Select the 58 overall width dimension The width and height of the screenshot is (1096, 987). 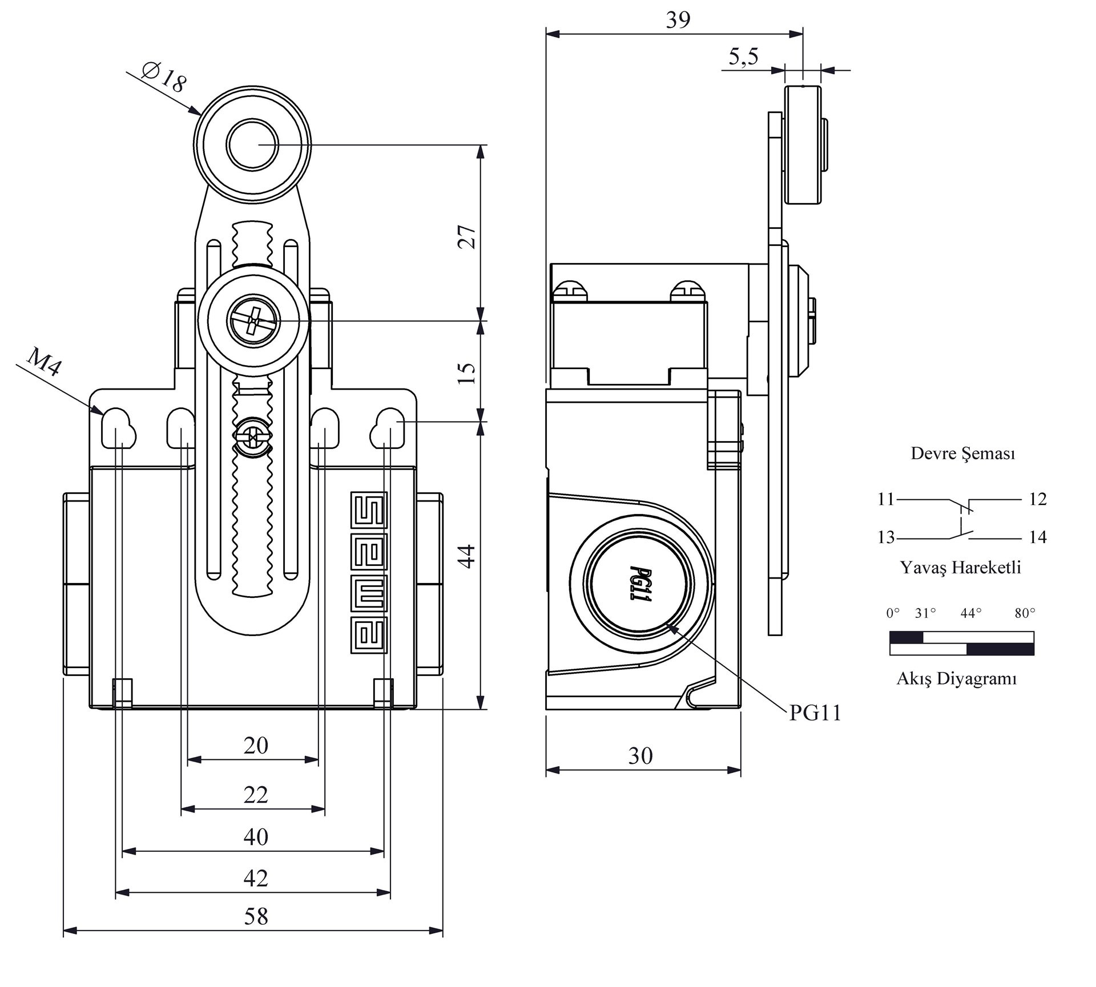pyautogui.click(x=255, y=917)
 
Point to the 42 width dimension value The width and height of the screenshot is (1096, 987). pyautogui.click(x=255, y=878)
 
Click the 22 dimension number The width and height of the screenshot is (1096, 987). pyautogui.click(x=255, y=795)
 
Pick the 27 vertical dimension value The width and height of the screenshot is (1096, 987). pyautogui.click(x=467, y=236)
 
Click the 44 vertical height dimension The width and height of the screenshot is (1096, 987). pyautogui.click(x=467, y=556)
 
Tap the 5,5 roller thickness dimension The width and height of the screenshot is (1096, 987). pyautogui.click(x=743, y=57)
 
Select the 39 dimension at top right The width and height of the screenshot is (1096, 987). pyautogui.click(x=678, y=21)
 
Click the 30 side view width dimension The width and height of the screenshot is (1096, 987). pyautogui.click(x=640, y=756)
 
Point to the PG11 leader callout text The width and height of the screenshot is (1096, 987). pyautogui.click(x=815, y=713)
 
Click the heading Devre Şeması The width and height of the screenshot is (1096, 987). pyautogui.click(x=962, y=454)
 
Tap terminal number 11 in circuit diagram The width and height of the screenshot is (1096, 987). pyautogui.click(x=885, y=499)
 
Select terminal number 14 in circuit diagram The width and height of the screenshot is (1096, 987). pyautogui.click(x=1037, y=537)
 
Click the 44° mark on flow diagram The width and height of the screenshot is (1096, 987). pyautogui.click(x=970, y=613)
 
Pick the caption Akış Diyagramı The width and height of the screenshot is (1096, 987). pyautogui.click(x=957, y=679)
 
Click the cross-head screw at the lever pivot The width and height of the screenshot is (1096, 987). pyautogui.click(x=254, y=321)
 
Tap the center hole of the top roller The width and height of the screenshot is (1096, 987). pyautogui.click(x=252, y=145)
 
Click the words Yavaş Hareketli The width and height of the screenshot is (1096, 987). pyautogui.click(x=960, y=568)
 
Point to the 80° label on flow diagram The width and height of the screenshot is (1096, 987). pyautogui.click(x=1025, y=613)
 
